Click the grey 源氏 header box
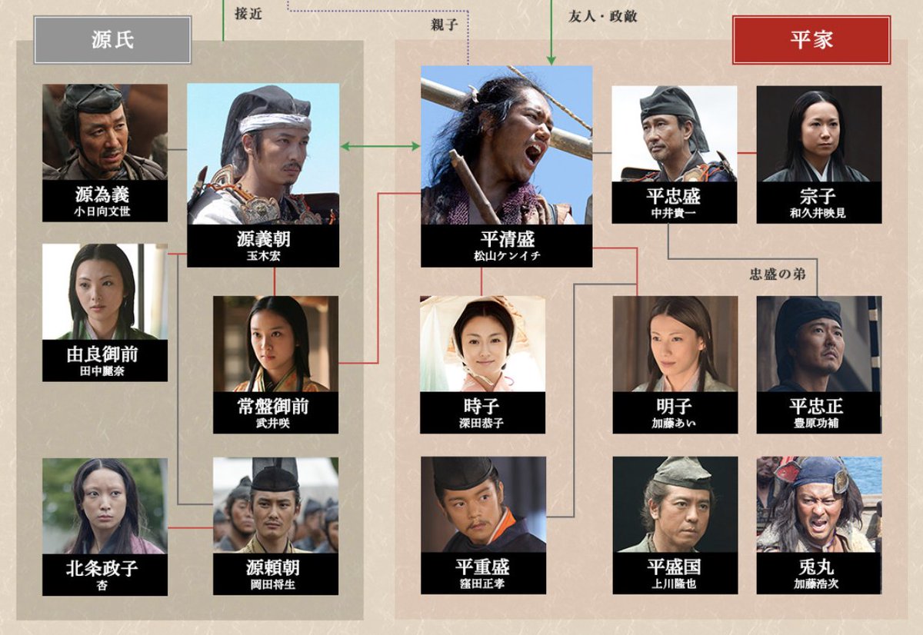pos(112,40)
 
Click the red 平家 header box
pos(811,40)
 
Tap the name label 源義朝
pos(263,239)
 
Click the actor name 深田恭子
pos(483,423)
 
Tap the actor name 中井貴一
pos(674,212)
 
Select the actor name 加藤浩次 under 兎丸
pos(819,583)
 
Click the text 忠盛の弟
pos(778,274)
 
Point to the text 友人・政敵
pos(603,16)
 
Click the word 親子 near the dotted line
pos(445,25)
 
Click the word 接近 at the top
pos(248,13)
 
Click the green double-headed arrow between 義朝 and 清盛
pos(380,146)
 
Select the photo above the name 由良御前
pos(105,291)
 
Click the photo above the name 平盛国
pos(675,504)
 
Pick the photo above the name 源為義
pos(105,131)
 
